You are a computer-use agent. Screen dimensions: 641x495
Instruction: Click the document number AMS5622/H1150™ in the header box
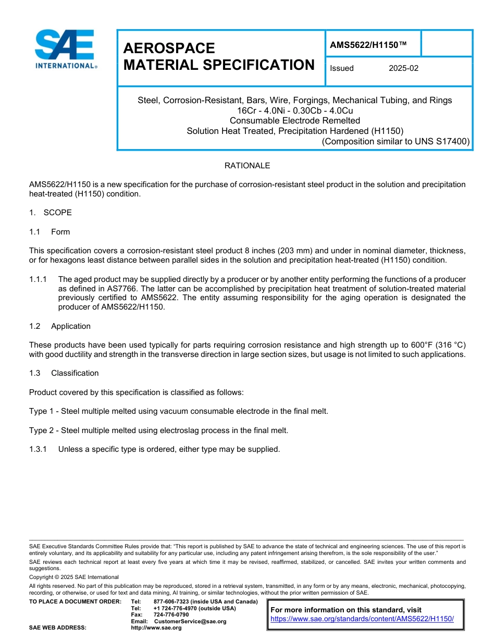(x=368, y=45)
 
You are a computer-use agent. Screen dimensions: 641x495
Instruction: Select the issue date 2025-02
(x=403, y=68)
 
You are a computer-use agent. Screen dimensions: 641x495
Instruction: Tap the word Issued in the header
(x=342, y=68)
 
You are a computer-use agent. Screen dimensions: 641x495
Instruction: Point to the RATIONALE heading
(x=247, y=166)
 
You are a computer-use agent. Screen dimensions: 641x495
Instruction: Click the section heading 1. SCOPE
(x=51, y=213)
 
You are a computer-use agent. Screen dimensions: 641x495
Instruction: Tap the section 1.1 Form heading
(x=49, y=232)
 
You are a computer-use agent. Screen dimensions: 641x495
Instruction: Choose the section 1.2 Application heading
(x=60, y=326)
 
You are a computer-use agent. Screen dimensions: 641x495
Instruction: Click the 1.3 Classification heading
(x=64, y=373)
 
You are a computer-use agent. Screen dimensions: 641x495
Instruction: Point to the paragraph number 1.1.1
(x=38, y=279)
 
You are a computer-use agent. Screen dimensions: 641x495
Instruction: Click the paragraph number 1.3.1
(x=38, y=449)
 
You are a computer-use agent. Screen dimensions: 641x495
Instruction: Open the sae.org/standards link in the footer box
(x=362, y=619)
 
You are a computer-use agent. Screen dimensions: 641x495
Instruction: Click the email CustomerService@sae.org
(x=190, y=621)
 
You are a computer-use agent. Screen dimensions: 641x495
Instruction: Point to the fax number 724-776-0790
(x=171, y=615)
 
